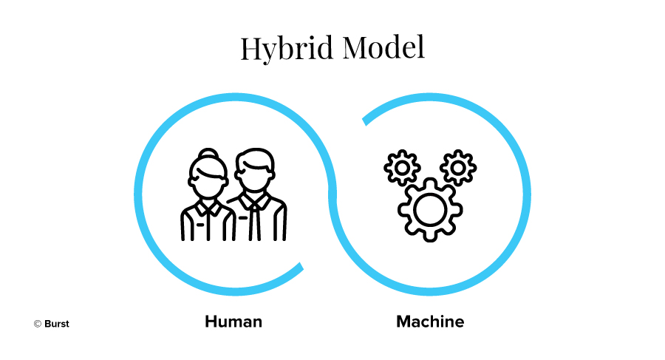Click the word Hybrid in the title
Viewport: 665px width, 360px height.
coord(287,49)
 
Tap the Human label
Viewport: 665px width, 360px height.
coord(233,322)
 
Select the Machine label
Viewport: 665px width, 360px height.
coord(430,322)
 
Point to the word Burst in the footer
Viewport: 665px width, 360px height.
coord(56,324)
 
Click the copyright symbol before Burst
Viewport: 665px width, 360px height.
coord(38,324)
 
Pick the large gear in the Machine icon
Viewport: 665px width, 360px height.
coord(430,210)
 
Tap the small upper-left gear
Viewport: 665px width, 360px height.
coord(402,168)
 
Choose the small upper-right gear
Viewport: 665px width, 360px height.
coord(458,168)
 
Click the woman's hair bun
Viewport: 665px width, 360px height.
coord(208,153)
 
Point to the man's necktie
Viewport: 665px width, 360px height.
coord(254,221)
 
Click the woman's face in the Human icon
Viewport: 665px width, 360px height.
coord(208,182)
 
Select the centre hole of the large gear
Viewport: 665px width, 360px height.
coord(430,210)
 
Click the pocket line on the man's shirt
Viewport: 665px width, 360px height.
coord(243,218)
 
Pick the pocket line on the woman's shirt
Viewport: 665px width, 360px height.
coord(200,224)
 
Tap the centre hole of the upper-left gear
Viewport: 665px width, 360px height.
coord(402,168)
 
